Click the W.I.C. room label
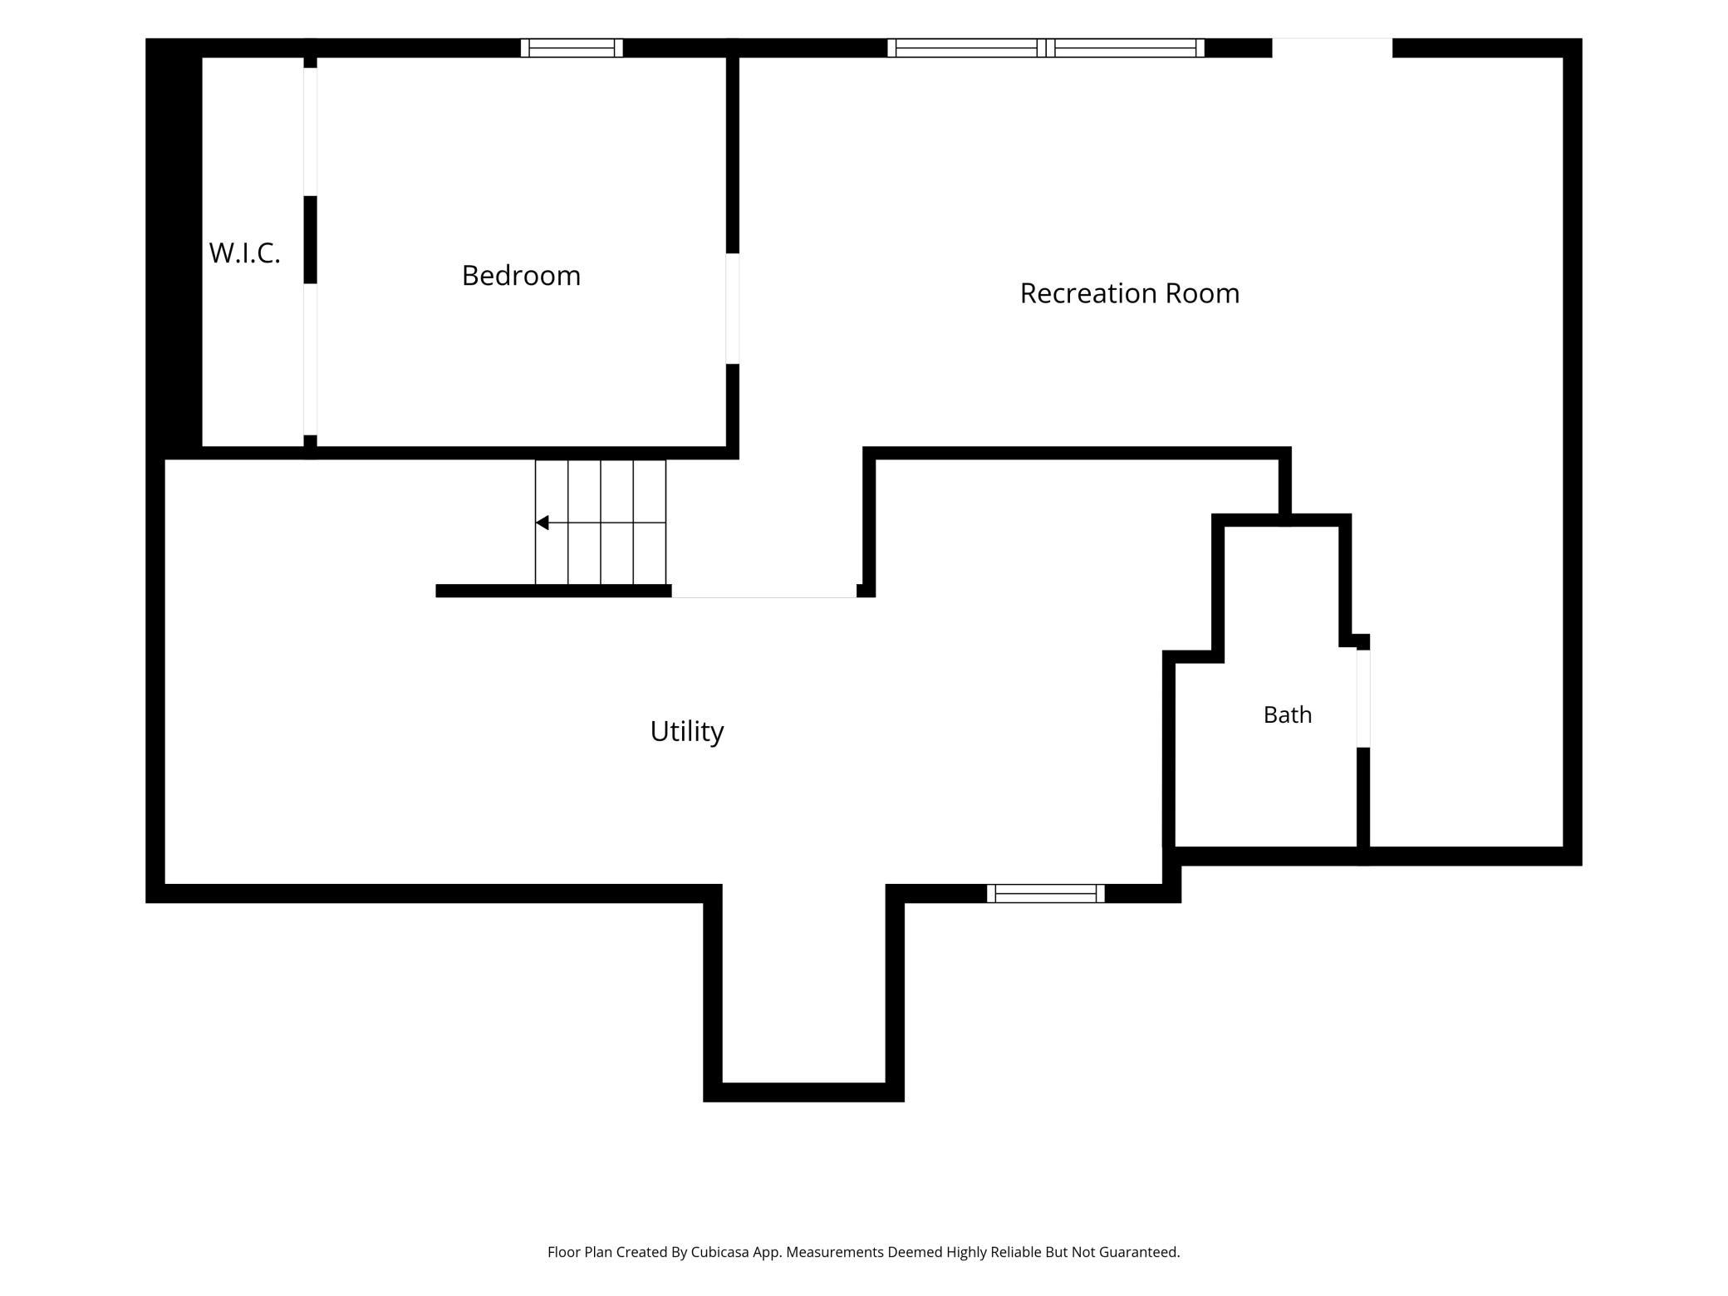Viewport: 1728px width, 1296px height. tap(244, 253)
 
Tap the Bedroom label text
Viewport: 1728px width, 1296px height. tap(521, 275)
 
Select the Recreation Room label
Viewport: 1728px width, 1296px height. tap(1130, 292)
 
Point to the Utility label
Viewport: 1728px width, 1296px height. tap(687, 731)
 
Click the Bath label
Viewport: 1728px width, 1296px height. tap(1288, 714)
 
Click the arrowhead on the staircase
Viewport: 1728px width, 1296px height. tap(542, 523)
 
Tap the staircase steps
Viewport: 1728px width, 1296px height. tap(601, 522)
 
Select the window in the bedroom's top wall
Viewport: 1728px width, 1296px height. tap(572, 48)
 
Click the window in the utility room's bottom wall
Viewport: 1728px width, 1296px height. tap(1046, 893)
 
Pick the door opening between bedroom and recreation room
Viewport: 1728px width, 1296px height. tap(733, 308)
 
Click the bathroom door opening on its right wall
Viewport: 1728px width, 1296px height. tap(1363, 699)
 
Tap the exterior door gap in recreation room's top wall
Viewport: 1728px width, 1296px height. tap(1333, 48)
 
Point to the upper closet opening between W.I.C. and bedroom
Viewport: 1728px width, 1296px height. tap(310, 131)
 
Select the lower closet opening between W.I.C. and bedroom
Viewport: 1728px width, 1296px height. tap(310, 359)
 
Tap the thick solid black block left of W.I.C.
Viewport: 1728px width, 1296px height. tap(174, 248)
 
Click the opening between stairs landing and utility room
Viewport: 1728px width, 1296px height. tap(763, 592)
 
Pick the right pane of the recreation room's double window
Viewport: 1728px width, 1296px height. tap(1126, 48)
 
